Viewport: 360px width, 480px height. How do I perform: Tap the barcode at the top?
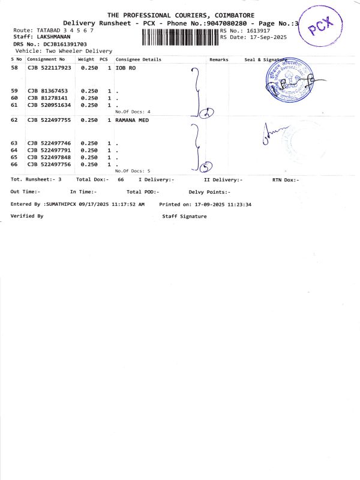pyautogui.click(x=180, y=37)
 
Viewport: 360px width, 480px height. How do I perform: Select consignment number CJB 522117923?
pyautogui.click(x=49, y=69)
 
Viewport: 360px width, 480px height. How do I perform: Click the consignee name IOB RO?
pyautogui.click(x=125, y=69)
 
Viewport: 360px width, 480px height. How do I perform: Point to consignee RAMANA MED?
pyautogui.click(x=132, y=121)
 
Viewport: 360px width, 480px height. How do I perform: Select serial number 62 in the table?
pyautogui.click(x=14, y=121)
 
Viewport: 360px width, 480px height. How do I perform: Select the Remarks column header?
pyautogui.click(x=218, y=60)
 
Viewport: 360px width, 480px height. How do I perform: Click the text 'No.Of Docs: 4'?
pyautogui.click(x=133, y=112)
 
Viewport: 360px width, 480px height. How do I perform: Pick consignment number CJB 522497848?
pyautogui.click(x=49, y=157)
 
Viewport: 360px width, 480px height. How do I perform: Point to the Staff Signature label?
pyautogui.click(x=184, y=217)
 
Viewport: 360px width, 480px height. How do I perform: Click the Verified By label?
pyautogui.click(x=27, y=215)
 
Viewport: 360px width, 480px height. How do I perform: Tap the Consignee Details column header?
pyautogui.click(x=139, y=60)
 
